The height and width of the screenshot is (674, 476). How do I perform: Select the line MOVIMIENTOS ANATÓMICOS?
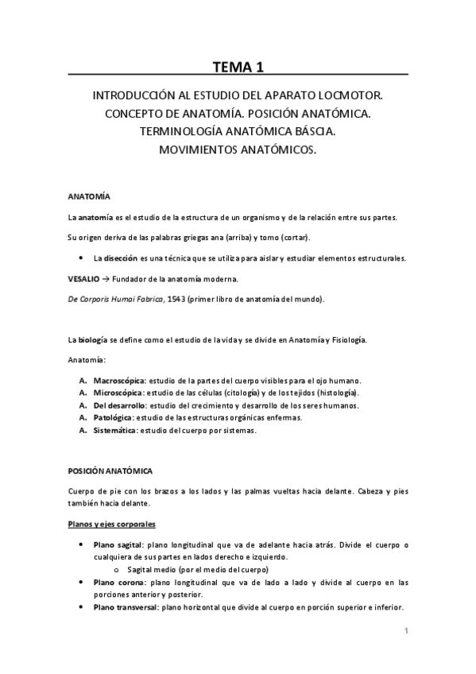238,149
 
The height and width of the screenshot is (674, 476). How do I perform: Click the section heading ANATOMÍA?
89,196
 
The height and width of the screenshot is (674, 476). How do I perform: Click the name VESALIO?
84,279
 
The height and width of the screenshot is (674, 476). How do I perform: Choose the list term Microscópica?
118,393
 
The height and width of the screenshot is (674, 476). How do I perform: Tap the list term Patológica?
113,417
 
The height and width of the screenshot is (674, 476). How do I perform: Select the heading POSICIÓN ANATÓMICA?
110,471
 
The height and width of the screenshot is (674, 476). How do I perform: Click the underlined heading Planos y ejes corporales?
111,525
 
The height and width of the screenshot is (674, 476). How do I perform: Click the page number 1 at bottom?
405,632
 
